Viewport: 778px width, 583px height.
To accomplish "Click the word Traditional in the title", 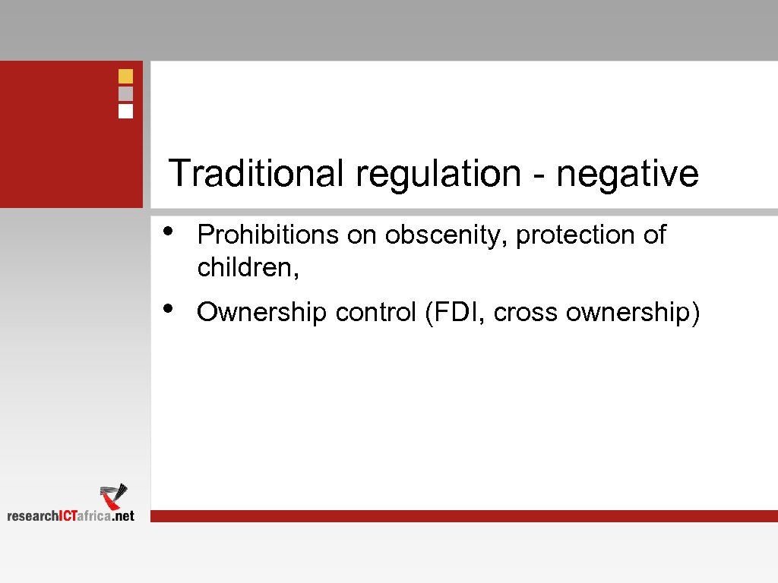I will (255, 173).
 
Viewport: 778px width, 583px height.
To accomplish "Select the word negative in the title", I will (628, 173).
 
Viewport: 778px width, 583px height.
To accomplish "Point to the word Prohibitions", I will (267, 235).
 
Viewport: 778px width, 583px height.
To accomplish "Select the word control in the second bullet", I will (374, 312).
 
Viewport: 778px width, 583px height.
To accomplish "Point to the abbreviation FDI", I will (455, 312).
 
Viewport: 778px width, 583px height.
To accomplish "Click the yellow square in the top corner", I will (126, 76).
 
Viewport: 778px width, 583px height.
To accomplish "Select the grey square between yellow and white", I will (126, 93).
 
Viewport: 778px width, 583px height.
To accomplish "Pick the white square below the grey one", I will (126, 112).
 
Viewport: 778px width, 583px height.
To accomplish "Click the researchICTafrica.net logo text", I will (71, 516).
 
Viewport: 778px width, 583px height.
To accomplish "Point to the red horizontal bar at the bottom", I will (463, 516).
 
